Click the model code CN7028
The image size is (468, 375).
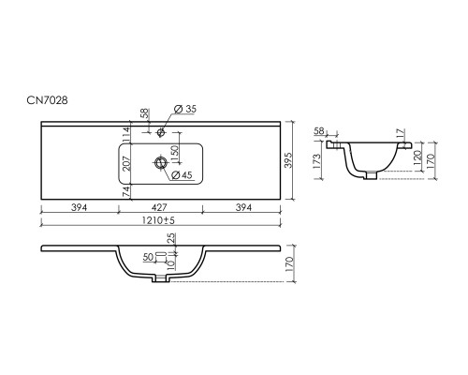coord(47,100)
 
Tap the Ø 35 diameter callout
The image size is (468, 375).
coord(185,109)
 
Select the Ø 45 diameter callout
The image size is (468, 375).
coord(182,175)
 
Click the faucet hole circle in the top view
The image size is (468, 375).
coord(161,132)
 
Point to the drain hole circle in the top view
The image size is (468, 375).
coord(161,162)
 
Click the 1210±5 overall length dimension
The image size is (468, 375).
coord(158,220)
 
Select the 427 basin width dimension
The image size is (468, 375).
coord(159,207)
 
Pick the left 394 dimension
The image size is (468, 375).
coord(80,207)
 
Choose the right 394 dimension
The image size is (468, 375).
coord(243,207)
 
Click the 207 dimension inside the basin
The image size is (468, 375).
coord(126,163)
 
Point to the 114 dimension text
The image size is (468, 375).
coord(126,134)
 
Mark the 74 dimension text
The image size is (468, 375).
coord(126,192)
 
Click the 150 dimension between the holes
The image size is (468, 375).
coord(175,154)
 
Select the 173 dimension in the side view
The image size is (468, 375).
coord(316,160)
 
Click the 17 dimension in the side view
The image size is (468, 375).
coord(402,134)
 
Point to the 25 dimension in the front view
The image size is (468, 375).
coord(172,238)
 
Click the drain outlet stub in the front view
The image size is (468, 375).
coord(160,278)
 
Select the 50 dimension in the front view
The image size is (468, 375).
coord(149,257)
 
